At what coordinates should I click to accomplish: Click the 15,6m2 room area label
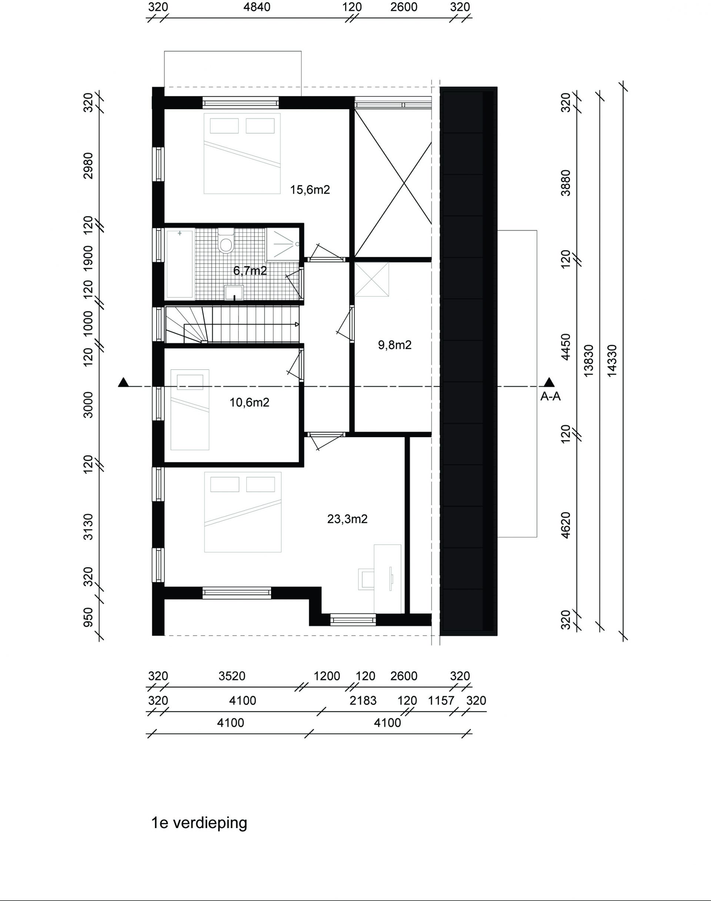(x=310, y=190)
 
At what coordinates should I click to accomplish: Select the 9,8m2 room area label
(x=395, y=345)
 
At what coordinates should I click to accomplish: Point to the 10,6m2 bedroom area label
(x=249, y=402)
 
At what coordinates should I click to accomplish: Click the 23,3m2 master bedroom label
(x=347, y=519)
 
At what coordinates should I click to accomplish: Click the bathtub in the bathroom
(x=180, y=264)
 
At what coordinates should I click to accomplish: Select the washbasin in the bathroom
(x=234, y=292)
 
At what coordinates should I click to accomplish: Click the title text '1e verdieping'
(x=199, y=823)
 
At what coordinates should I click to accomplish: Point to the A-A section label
(x=550, y=396)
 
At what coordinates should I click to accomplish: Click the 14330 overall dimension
(x=612, y=361)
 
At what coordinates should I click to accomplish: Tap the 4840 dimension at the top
(x=257, y=7)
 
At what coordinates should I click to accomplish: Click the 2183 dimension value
(x=363, y=701)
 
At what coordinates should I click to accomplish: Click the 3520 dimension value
(x=232, y=676)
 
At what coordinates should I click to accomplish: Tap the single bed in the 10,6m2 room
(x=190, y=409)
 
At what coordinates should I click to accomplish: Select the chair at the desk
(x=366, y=579)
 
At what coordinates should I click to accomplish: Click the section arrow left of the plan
(x=123, y=382)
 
